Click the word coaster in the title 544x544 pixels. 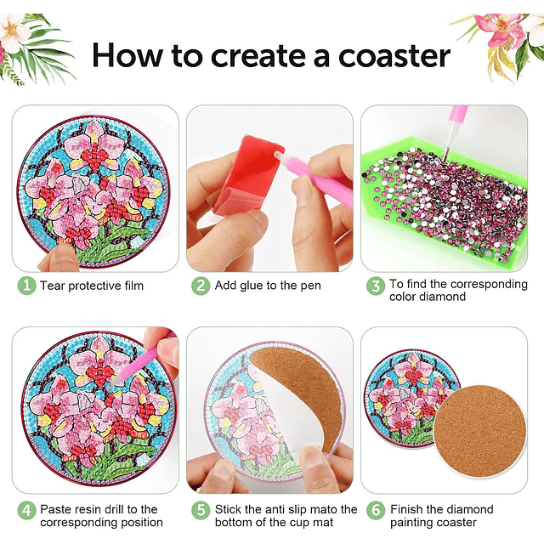394,56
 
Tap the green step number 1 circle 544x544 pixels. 26,286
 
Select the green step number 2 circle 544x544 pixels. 201,286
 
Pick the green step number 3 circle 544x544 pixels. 376,286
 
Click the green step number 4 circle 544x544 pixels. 26,510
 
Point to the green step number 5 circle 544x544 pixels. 201,510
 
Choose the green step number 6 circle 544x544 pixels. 376,510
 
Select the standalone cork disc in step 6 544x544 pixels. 479,432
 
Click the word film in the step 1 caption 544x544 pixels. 133,286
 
